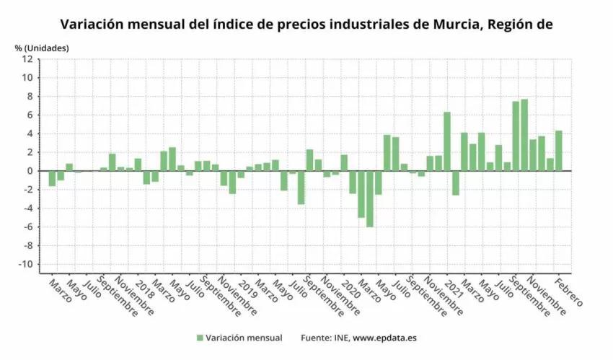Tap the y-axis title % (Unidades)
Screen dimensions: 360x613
point(42,48)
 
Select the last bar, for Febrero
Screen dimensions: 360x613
point(559,151)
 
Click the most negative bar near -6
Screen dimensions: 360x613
point(370,199)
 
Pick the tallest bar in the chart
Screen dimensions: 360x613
point(524,135)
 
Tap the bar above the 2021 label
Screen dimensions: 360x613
point(447,141)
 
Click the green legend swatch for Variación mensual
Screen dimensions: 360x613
point(199,338)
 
